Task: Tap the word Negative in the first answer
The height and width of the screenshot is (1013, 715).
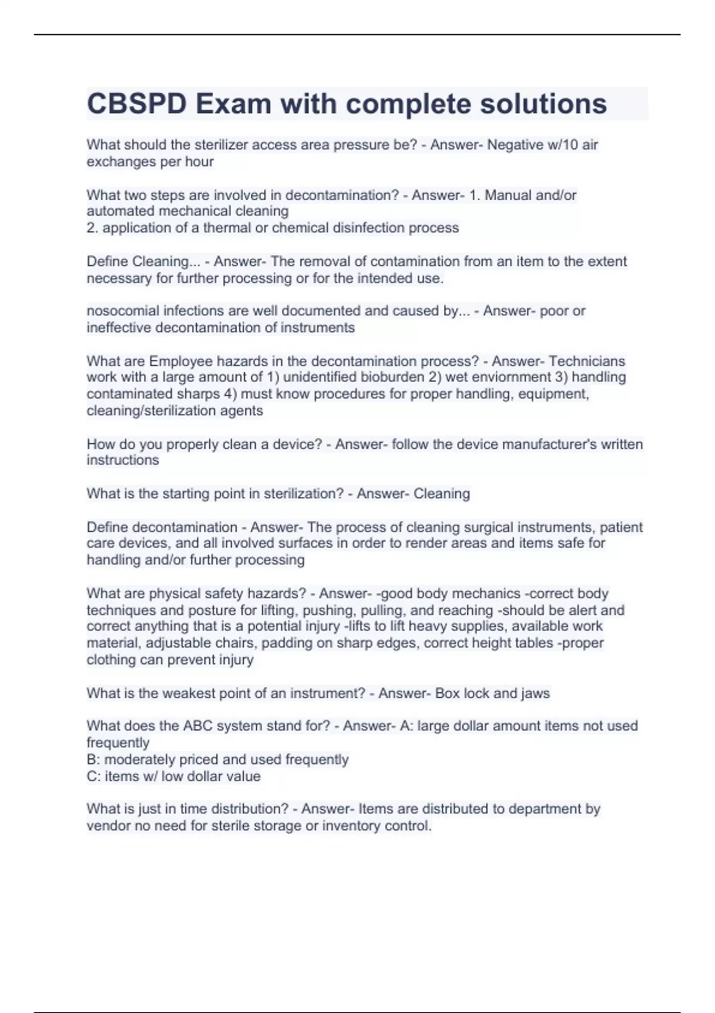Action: [x=515, y=145]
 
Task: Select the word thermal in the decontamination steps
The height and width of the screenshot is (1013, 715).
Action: [x=228, y=228]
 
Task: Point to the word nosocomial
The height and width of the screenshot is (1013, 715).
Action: [x=123, y=311]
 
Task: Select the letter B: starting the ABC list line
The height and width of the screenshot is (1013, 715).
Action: [x=93, y=760]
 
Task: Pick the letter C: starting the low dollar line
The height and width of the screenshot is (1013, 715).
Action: [x=93, y=776]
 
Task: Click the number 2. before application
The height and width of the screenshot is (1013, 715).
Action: [x=92, y=228]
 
